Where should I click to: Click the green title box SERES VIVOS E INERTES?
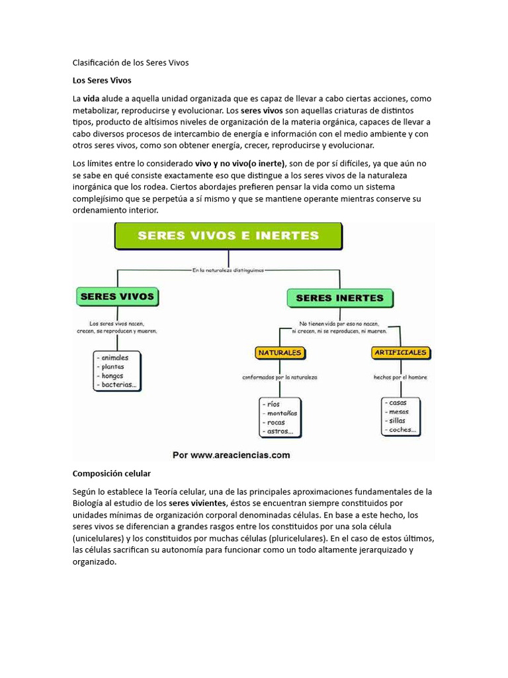click(x=228, y=235)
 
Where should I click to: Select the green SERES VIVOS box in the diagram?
click(x=116, y=297)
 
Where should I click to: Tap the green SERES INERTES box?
click(x=339, y=298)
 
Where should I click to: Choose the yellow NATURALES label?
click(x=280, y=353)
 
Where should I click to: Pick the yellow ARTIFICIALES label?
click(x=400, y=352)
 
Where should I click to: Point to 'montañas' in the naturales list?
click(x=282, y=412)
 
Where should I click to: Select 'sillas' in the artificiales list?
click(x=398, y=420)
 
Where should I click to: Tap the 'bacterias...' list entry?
click(x=120, y=385)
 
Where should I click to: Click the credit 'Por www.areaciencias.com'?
click(x=231, y=455)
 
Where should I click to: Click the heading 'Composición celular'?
click(x=111, y=474)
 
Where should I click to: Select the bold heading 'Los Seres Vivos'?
click(x=102, y=80)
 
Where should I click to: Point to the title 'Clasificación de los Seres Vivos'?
click(x=130, y=63)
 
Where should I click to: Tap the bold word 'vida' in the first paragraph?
click(x=91, y=98)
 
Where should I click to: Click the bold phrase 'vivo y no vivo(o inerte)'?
click(x=240, y=163)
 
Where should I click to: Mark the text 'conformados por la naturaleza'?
click(x=279, y=377)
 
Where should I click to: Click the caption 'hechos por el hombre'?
click(x=400, y=377)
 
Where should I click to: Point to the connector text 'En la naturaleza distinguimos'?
click(x=228, y=269)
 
